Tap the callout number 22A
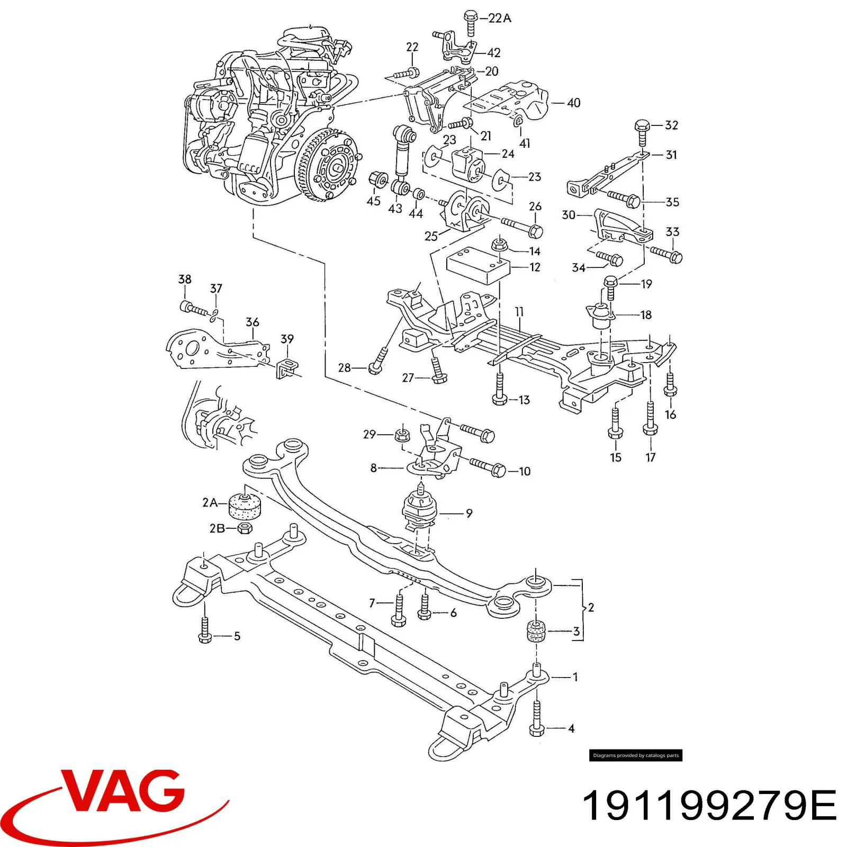point(499,18)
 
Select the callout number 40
point(573,103)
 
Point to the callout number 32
point(671,125)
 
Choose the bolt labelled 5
point(205,630)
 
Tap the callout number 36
point(253,322)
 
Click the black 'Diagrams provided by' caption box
point(635,755)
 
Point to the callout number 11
point(519,312)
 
